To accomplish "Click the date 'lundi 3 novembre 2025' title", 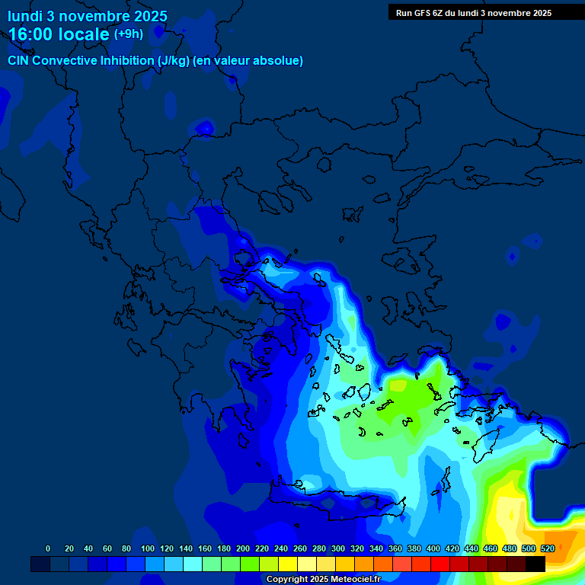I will click(88, 16).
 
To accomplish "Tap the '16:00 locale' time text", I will click(59, 34).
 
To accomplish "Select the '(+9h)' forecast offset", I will click(128, 34).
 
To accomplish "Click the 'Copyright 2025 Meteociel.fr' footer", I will click(323, 579).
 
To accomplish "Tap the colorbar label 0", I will click(48, 548).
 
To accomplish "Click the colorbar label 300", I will click(338, 548).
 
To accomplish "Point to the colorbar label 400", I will click(433, 548).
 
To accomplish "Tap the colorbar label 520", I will click(547, 548).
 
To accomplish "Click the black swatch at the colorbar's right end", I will click(535, 564).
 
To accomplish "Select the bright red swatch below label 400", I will click(440, 564).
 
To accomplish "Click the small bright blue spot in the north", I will click(203, 127).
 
